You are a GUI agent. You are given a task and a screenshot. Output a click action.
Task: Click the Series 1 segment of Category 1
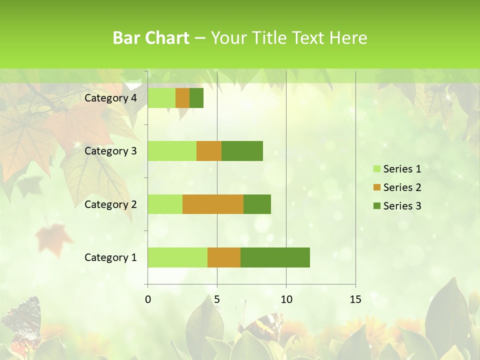click(177, 257)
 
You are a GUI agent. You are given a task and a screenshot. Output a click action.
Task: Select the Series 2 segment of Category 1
click(224, 257)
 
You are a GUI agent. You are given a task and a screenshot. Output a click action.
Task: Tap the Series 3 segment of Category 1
click(275, 257)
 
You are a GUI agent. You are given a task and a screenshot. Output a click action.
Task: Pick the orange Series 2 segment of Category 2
click(213, 204)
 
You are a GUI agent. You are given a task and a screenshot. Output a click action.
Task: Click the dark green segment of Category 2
click(257, 204)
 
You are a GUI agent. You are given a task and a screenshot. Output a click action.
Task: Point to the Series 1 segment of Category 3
click(172, 151)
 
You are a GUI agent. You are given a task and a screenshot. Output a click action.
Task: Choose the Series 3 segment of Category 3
click(242, 151)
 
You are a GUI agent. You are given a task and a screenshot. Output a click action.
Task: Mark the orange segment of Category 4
click(182, 98)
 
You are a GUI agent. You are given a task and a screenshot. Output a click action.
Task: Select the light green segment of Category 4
click(161, 98)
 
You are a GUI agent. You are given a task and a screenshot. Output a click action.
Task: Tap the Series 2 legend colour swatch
click(377, 187)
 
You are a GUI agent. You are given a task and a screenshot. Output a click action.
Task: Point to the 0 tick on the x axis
click(148, 299)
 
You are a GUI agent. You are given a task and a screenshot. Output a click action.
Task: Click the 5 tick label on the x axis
click(217, 299)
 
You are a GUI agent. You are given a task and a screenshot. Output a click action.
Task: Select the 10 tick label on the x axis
click(286, 299)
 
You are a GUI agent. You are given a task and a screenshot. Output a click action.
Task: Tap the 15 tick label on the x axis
click(355, 299)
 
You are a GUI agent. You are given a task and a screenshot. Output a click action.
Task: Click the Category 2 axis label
click(110, 204)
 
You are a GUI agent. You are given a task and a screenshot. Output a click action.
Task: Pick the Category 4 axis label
click(110, 98)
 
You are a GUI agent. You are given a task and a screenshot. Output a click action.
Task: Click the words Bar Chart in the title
click(151, 38)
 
